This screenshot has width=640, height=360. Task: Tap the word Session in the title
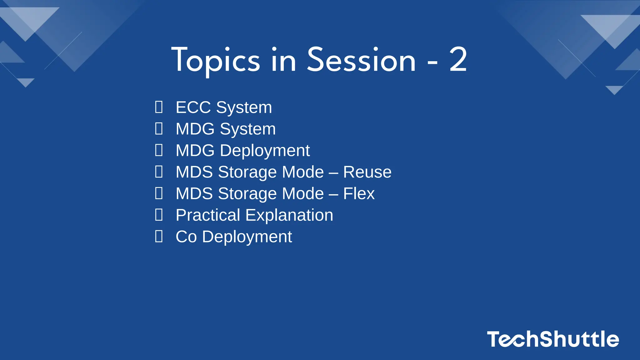point(361,60)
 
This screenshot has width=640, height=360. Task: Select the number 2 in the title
point(458,60)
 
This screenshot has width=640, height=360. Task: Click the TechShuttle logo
point(553,339)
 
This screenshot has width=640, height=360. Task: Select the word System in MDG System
point(247,129)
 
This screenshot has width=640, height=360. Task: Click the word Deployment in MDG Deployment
point(265,151)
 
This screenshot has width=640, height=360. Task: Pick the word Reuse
point(367,172)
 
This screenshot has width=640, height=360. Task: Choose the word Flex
point(359,194)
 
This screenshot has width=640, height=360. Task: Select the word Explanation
point(289,215)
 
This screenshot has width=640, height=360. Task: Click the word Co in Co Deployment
point(186,237)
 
